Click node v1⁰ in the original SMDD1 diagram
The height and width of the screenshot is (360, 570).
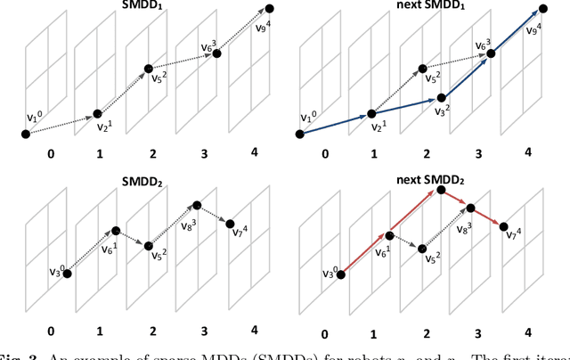25,134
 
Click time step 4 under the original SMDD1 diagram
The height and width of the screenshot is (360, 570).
255,152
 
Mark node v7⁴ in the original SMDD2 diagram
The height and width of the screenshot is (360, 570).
230,224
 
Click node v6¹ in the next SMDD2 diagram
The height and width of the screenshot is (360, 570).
389,236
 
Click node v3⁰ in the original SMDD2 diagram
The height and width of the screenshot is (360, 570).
67,274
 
